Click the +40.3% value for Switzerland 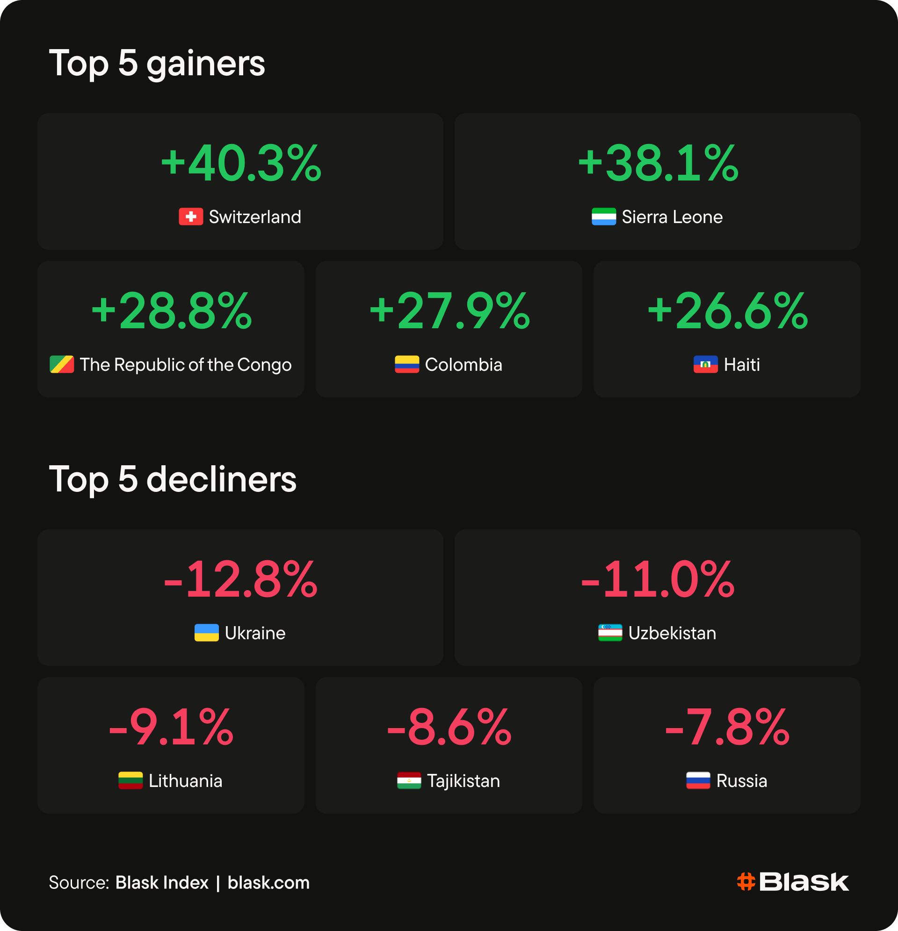point(241,163)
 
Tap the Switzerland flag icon point(190,217)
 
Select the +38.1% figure point(658,163)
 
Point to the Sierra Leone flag point(603,217)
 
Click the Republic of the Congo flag point(62,364)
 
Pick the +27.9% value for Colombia point(449,311)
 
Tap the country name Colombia point(463,365)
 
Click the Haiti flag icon point(706,364)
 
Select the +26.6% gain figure point(727,311)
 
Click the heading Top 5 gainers point(157,63)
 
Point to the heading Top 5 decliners point(173,479)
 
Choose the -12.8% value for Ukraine point(240,579)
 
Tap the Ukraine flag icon point(207,633)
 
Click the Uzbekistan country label point(672,633)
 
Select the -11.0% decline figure point(658,579)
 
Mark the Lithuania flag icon point(130,780)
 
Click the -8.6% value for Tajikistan point(449,727)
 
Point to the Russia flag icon point(698,780)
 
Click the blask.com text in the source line point(268,882)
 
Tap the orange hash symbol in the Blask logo point(746,881)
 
